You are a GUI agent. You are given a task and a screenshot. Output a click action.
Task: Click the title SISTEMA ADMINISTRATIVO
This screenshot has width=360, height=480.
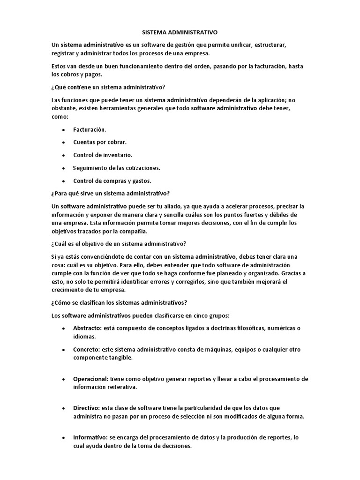(180, 33)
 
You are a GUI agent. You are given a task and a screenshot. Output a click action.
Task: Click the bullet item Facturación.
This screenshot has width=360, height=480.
(90, 129)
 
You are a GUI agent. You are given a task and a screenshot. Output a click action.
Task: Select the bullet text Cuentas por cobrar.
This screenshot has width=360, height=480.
(100, 142)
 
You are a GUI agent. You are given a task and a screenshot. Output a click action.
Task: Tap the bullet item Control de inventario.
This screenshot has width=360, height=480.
(103, 155)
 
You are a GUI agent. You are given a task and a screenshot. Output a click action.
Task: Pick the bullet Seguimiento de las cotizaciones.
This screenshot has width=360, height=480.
(117, 168)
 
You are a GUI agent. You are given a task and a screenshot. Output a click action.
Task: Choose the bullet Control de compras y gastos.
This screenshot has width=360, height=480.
(112, 180)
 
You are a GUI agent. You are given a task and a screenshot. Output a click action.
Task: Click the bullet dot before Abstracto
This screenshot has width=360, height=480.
(63, 328)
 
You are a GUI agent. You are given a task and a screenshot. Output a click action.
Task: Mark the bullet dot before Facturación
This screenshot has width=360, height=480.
(63, 129)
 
